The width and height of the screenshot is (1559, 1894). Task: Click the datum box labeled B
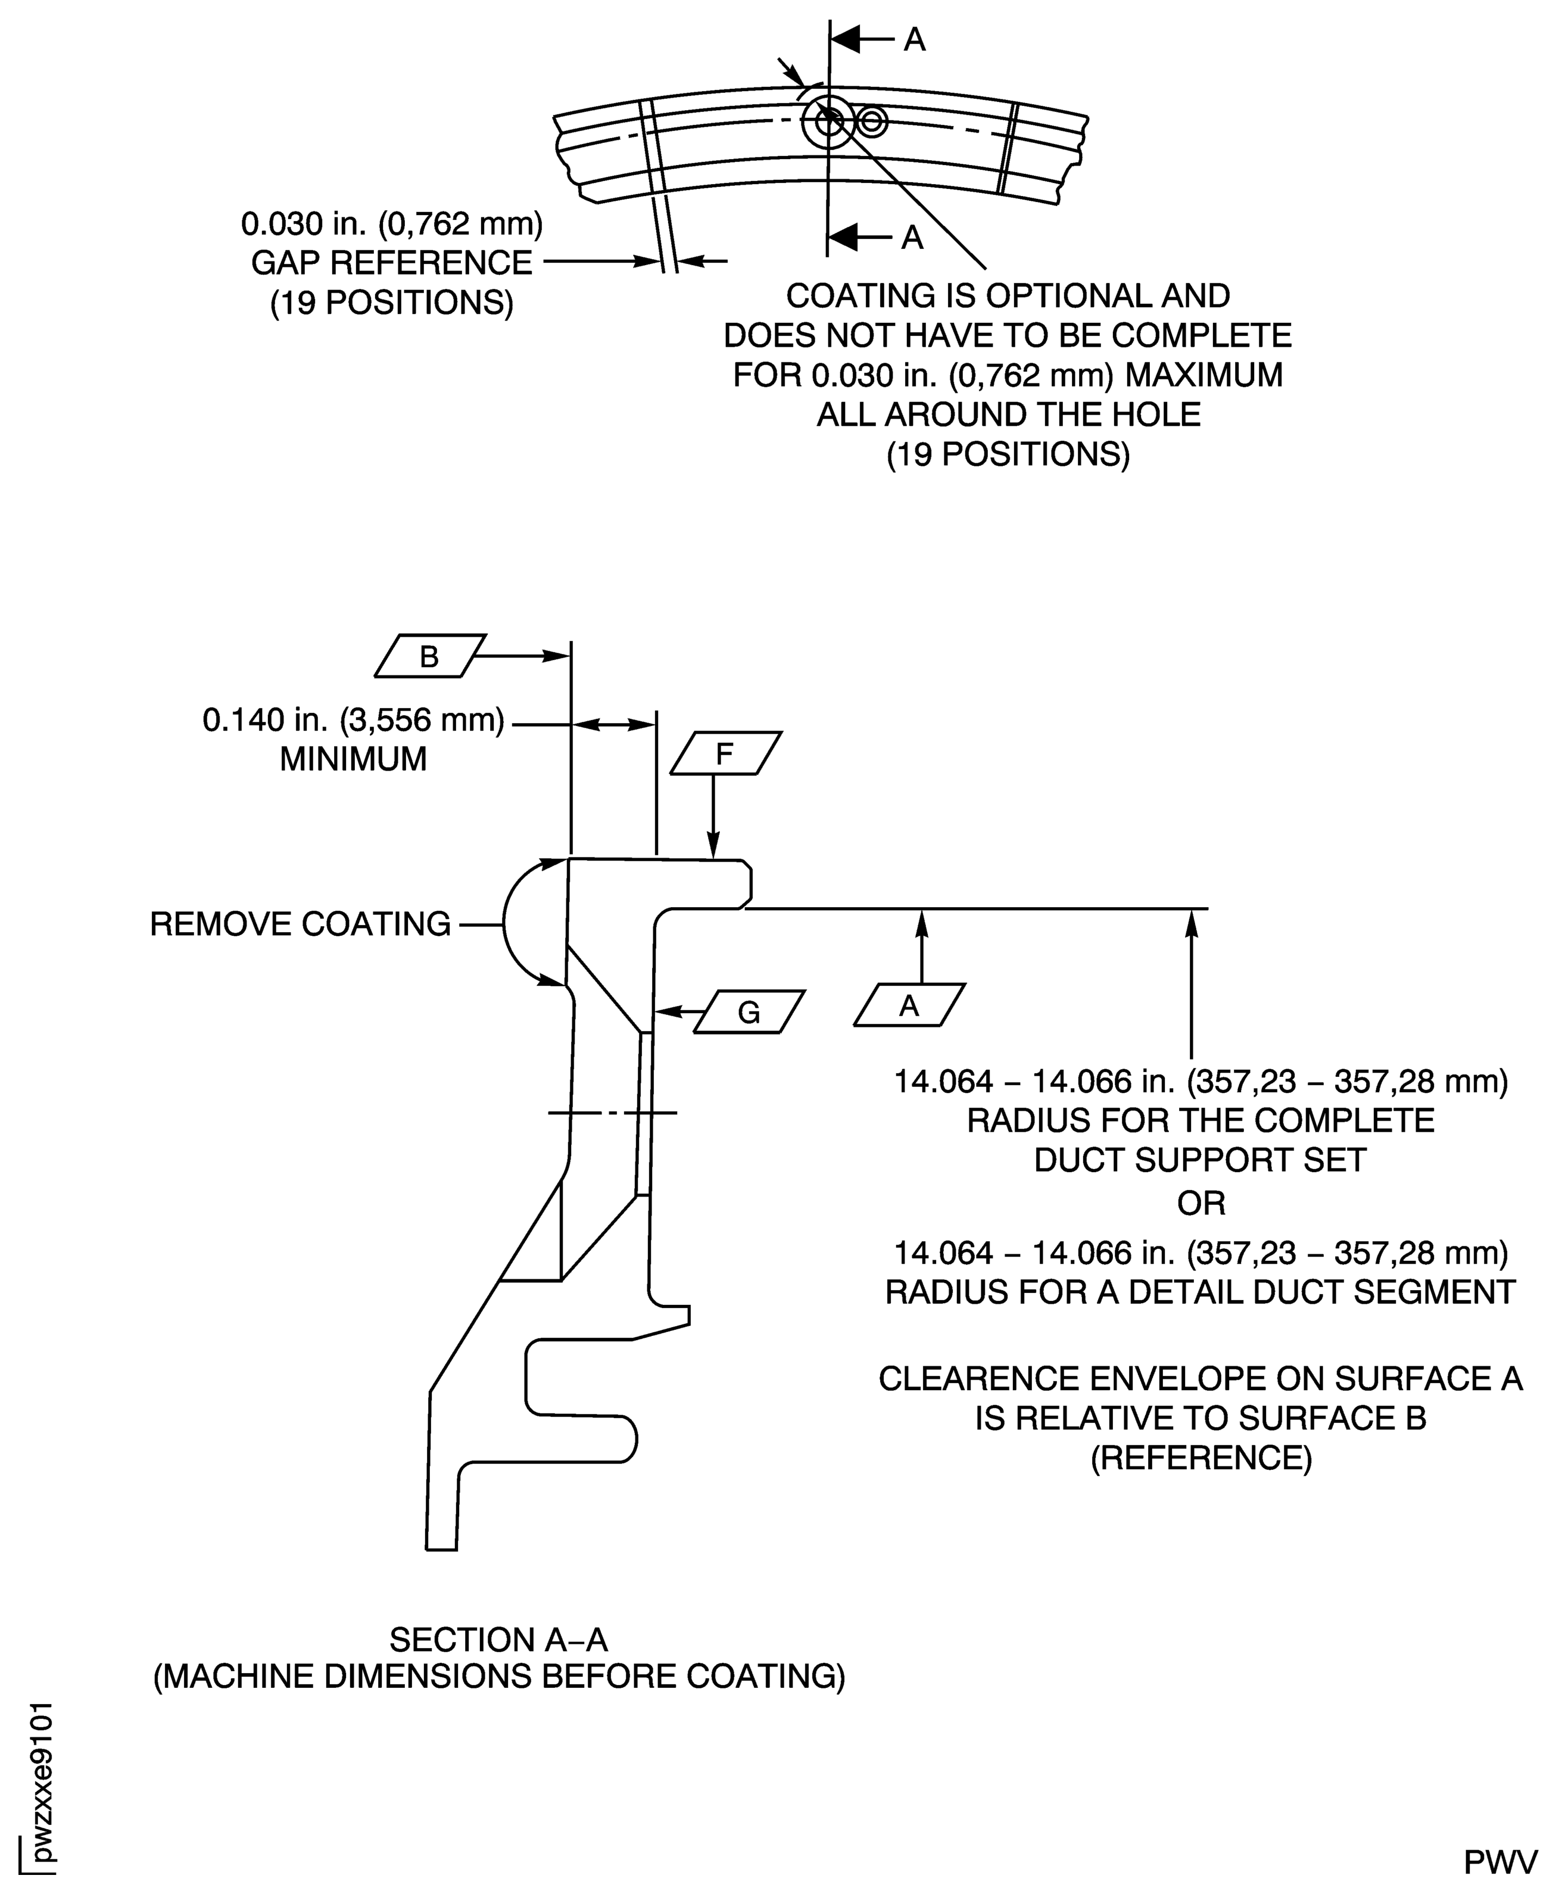(429, 656)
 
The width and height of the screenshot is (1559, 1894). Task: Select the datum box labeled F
(725, 753)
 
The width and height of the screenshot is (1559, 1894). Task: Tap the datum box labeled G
(749, 1012)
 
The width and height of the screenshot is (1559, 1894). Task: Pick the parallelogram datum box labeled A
(909, 1006)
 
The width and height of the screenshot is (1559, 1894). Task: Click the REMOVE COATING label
(300, 924)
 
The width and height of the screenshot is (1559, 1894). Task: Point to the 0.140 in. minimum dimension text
(353, 720)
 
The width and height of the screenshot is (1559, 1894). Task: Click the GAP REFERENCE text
(392, 263)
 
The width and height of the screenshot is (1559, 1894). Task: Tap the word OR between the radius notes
(1201, 1203)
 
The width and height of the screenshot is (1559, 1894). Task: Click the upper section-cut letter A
(914, 39)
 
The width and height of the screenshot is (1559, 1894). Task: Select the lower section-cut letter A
(912, 237)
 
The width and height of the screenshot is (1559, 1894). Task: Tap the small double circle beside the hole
(872, 120)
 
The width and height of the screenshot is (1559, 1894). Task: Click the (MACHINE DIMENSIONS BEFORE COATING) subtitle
(498, 1677)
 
